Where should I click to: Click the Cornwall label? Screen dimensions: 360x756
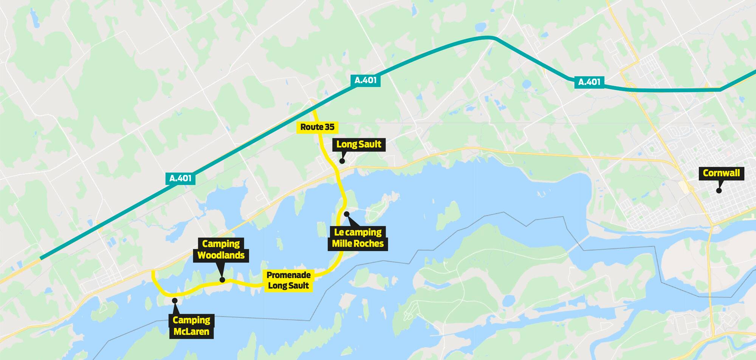(x=721, y=173)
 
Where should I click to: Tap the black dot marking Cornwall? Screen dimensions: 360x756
(x=719, y=191)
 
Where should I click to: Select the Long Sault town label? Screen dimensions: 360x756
(x=359, y=144)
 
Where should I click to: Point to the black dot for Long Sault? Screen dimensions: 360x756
(x=342, y=161)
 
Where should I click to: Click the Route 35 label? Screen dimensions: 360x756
(x=317, y=127)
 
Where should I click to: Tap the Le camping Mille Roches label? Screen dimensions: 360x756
(x=358, y=238)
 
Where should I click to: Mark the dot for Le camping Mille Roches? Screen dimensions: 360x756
(x=347, y=214)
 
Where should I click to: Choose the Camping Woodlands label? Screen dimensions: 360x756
(x=221, y=249)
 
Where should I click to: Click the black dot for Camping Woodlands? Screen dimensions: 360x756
(x=222, y=280)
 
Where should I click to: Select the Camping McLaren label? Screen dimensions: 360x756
(x=191, y=326)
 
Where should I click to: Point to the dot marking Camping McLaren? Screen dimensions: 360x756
(x=175, y=300)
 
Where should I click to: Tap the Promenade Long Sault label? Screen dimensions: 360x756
(x=289, y=280)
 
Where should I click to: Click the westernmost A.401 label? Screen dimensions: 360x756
(x=180, y=178)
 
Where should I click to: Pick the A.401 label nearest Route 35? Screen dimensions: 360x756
(x=366, y=80)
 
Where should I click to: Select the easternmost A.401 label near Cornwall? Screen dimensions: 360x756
(x=589, y=82)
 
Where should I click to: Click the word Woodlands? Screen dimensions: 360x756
(x=221, y=255)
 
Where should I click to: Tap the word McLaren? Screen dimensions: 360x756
(x=191, y=332)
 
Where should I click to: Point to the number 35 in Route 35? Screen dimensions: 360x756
(x=329, y=127)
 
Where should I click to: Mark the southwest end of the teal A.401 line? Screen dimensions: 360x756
(x=41, y=258)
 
